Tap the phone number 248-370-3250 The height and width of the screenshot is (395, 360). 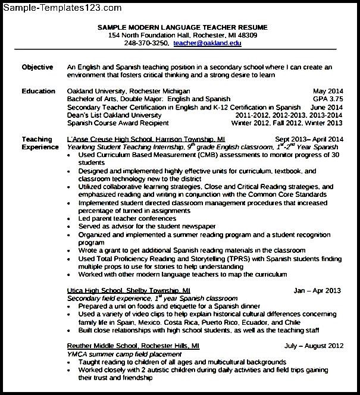point(145,44)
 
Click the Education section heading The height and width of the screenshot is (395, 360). point(38,90)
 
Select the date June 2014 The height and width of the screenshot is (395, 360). point(327,107)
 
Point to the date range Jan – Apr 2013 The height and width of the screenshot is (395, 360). point(317,290)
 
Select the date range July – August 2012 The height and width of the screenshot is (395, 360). point(314,345)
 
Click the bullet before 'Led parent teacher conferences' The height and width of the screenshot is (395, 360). point(71,218)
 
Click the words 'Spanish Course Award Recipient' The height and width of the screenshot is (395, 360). point(118,123)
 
